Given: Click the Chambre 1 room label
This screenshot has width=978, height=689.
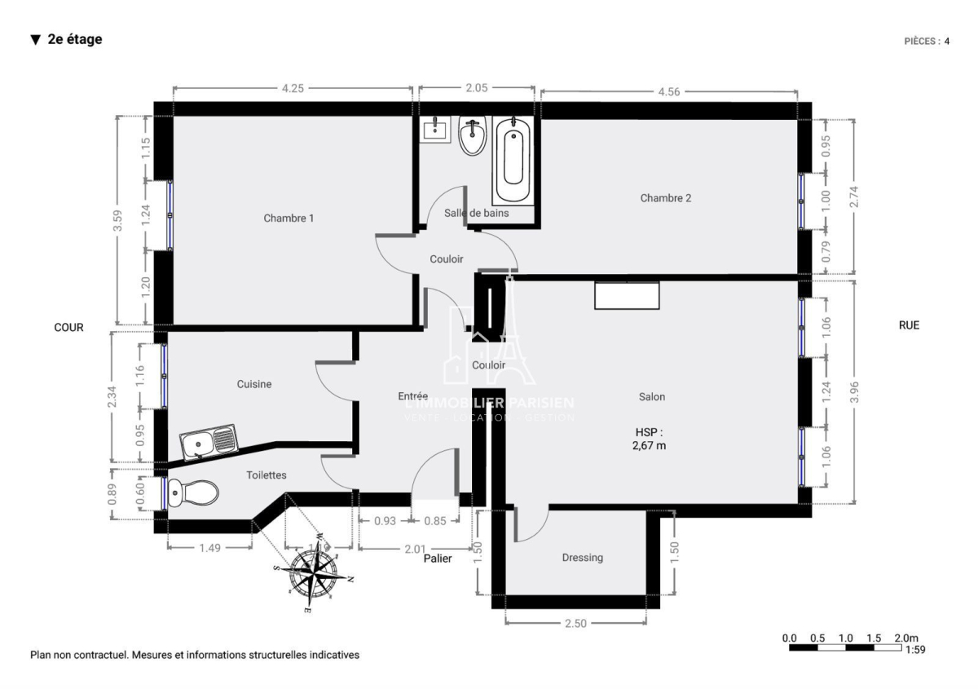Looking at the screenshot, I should point(289,218).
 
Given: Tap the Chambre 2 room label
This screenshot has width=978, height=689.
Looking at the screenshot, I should point(666,198).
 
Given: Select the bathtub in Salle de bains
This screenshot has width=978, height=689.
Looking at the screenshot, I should point(513,161).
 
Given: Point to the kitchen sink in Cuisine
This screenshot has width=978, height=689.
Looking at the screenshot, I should point(209,442).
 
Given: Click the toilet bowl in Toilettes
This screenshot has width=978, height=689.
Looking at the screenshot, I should point(195,492).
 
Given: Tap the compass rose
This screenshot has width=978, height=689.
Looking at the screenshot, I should point(315,572).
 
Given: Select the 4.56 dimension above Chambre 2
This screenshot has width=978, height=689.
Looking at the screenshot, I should point(669,91).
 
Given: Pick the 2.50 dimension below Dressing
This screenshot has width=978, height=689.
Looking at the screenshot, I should point(576,623).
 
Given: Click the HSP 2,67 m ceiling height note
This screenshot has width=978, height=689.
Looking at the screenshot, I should point(650,439).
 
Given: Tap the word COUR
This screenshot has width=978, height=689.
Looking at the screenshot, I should point(69,327).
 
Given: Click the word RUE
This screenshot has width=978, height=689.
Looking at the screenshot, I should point(909,325).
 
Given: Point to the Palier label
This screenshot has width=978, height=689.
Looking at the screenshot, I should point(438,559).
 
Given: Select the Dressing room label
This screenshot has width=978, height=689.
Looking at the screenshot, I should point(583,558).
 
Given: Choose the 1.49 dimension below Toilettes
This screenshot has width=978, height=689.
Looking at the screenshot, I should point(210,548).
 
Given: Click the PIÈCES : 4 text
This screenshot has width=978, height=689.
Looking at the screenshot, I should point(927,41).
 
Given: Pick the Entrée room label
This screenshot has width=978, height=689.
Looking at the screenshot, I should point(413,395).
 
